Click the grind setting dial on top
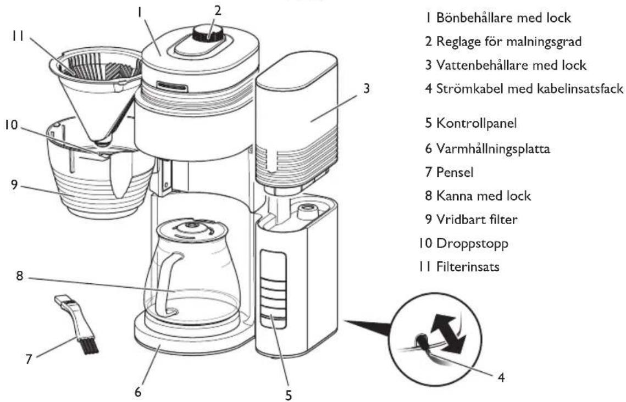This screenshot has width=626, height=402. (208, 35)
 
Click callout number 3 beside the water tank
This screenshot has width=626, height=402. (365, 87)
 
